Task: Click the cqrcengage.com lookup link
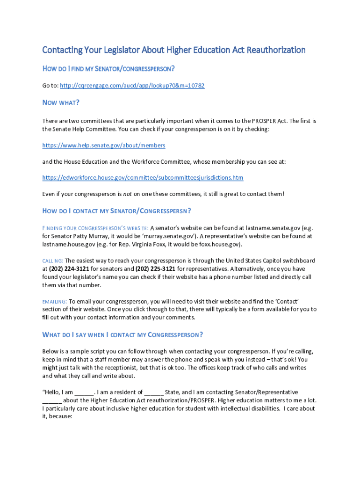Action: click(x=133, y=86)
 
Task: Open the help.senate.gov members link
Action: click(x=104, y=145)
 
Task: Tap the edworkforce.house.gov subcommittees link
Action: click(x=143, y=178)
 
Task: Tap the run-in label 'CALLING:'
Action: click(x=52, y=261)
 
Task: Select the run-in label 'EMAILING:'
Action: click(x=55, y=301)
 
